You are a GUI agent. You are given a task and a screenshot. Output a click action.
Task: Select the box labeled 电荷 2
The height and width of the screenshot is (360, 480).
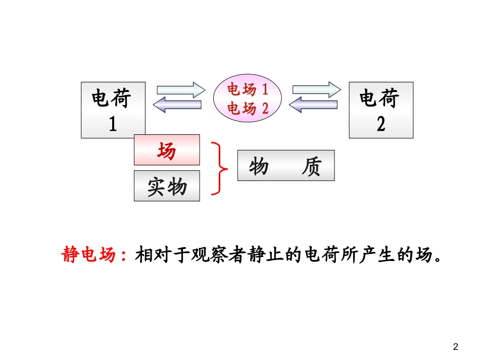381,110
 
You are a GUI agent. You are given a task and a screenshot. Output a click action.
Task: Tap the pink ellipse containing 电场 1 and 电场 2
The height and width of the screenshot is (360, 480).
247,99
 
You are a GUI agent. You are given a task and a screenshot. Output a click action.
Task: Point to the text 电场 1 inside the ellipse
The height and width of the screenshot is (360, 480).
247,90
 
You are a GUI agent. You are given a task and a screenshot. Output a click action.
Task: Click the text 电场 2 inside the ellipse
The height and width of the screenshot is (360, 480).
247,108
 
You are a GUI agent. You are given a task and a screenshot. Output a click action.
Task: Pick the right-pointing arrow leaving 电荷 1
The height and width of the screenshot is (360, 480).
181,90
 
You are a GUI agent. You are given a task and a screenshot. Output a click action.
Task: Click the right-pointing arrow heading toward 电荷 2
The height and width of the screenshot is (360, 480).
317,90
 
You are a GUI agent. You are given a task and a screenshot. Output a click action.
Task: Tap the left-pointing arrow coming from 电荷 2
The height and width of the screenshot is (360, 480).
313,105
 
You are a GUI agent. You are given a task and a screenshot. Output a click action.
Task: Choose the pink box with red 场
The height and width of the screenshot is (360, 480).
167,150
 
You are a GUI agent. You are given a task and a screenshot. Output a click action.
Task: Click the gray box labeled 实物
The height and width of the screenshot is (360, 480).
167,186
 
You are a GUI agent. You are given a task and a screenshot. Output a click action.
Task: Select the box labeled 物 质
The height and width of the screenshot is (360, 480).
286,165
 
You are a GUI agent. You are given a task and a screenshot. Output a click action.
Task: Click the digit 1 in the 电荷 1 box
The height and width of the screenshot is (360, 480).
113,124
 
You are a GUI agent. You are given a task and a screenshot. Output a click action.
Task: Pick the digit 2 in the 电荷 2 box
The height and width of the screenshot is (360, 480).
381,124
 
